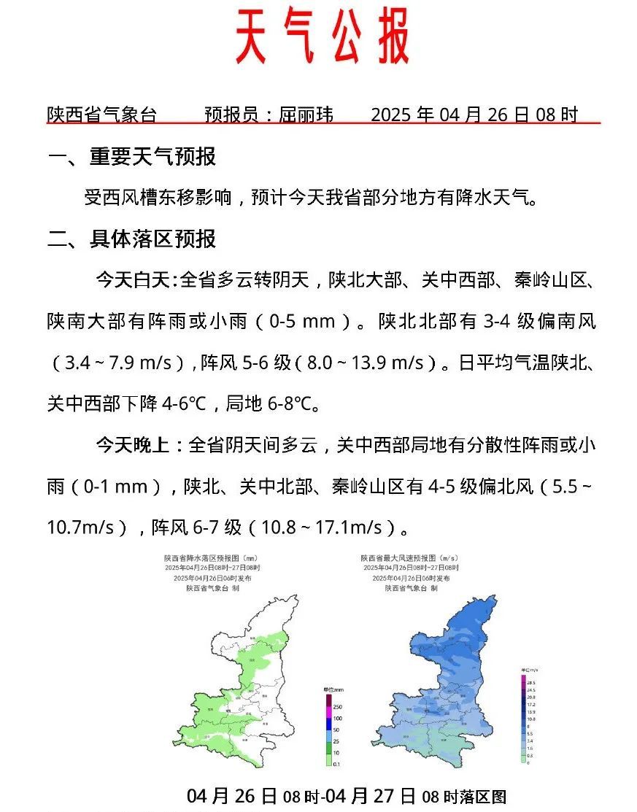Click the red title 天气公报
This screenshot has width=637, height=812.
click(322, 36)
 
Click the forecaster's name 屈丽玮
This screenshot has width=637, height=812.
click(306, 115)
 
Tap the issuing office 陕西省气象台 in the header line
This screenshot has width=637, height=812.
click(101, 115)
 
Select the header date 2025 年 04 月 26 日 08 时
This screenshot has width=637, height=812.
click(474, 115)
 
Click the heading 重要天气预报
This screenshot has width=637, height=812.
click(153, 157)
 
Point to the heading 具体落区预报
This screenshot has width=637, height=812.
click(153, 239)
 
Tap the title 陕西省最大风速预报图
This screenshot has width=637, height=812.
click(409, 558)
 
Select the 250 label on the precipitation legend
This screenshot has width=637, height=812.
click(338, 706)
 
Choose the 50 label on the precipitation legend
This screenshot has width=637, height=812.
click(336, 730)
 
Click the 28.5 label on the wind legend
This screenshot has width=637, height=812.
click(531, 682)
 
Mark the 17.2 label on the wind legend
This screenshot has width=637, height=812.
click(531, 705)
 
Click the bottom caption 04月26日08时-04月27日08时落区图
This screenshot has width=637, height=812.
click(347, 796)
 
